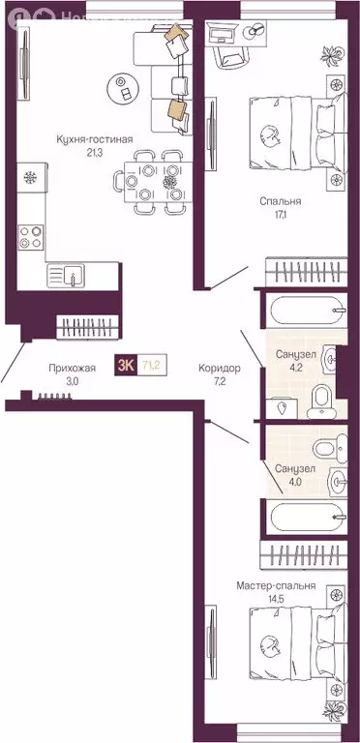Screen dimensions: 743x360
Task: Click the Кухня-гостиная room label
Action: [x=94, y=139]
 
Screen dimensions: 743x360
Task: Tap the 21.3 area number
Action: [x=94, y=152]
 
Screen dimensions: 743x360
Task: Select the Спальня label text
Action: [x=281, y=202]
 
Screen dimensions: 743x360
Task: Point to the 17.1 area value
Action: [x=281, y=216]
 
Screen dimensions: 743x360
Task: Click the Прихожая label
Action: [x=73, y=368]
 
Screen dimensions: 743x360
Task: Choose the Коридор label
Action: [x=219, y=368]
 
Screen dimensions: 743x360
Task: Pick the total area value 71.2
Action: [x=151, y=365]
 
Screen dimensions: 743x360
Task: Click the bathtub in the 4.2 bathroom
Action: [x=306, y=312]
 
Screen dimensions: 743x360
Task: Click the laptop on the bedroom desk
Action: [x=222, y=34]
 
